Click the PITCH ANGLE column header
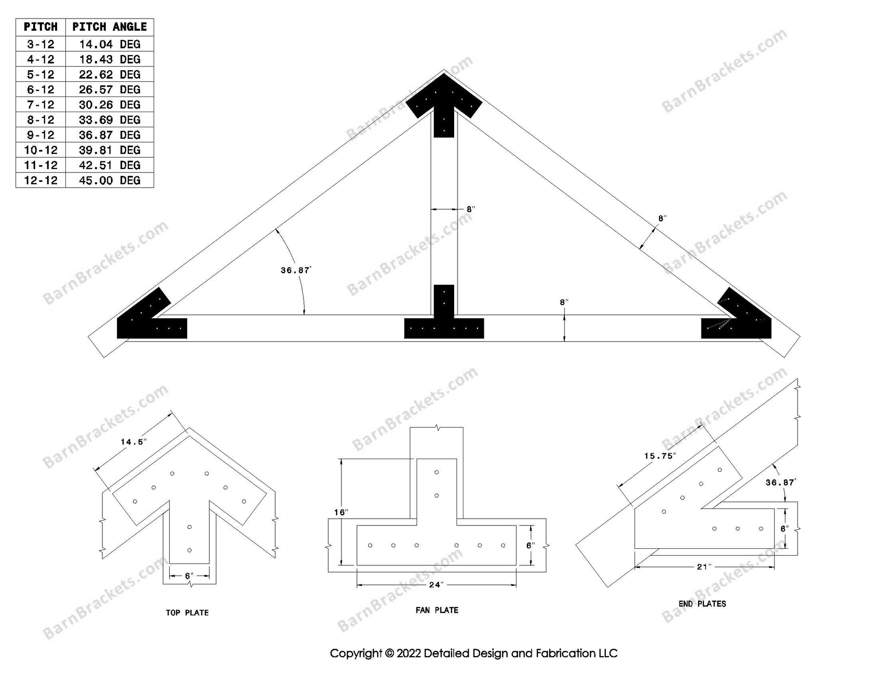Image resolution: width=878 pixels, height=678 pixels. click(x=109, y=27)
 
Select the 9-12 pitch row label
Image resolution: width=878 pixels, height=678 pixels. click(x=40, y=135)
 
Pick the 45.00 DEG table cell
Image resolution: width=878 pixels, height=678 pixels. click(x=109, y=180)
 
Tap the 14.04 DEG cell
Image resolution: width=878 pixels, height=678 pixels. click(x=109, y=44)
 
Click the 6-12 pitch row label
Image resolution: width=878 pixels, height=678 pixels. click(x=40, y=90)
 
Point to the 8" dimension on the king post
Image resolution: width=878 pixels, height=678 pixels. click(x=471, y=210)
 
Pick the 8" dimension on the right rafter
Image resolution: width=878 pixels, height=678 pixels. click(x=662, y=218)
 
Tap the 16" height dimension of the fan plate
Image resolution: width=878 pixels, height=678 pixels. click(x=340, y=512)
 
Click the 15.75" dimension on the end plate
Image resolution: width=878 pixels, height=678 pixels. click(x=659, y=456)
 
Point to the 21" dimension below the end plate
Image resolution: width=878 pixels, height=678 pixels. click(x=704, y=567)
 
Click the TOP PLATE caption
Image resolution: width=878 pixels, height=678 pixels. click(x=187, y=613)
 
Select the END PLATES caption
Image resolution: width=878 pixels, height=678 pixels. click(x=702, y=604)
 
